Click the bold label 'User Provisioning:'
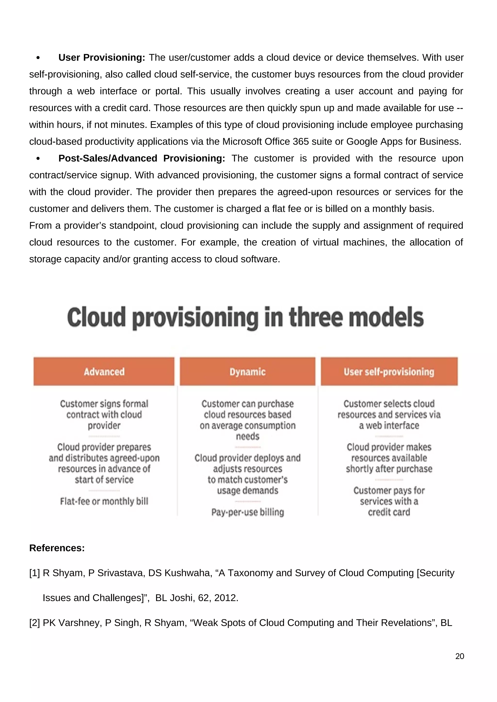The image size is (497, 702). [x=102, y=57]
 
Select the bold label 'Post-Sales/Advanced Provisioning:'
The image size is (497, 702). [x=142, y=158]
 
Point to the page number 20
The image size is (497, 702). [x=459, y=656]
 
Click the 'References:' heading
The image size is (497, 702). [x=57, y=548]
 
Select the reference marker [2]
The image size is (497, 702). [x=35, y=623]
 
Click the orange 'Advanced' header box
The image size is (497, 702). [x=104, y=372]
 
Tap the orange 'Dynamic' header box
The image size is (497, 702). [x=248, y=372]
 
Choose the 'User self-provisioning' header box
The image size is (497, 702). [x=389, y=372]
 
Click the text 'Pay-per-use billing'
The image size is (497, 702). [x=248, y=512]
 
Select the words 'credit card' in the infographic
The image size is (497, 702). [x=389, y=512]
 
